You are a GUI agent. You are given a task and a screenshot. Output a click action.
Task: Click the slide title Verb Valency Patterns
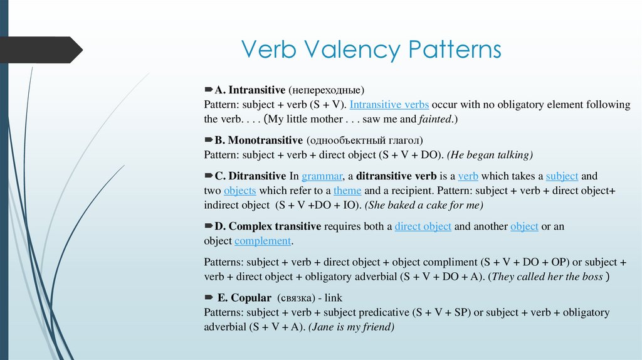pyautogui.click(x=371, y=50)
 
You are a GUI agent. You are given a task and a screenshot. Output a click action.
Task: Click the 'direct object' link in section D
pyautogui.click(x=423, y=226)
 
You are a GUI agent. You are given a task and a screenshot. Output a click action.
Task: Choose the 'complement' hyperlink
pyautogui.click(x=263, y=241)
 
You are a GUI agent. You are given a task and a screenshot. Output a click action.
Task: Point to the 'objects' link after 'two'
pyautogui.click(x=239, y=191)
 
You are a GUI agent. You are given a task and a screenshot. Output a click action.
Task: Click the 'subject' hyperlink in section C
pyautogui.click(x=562, y=176)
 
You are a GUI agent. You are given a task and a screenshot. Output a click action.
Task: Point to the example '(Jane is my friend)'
pyautogui.click(x=350, y=327)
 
